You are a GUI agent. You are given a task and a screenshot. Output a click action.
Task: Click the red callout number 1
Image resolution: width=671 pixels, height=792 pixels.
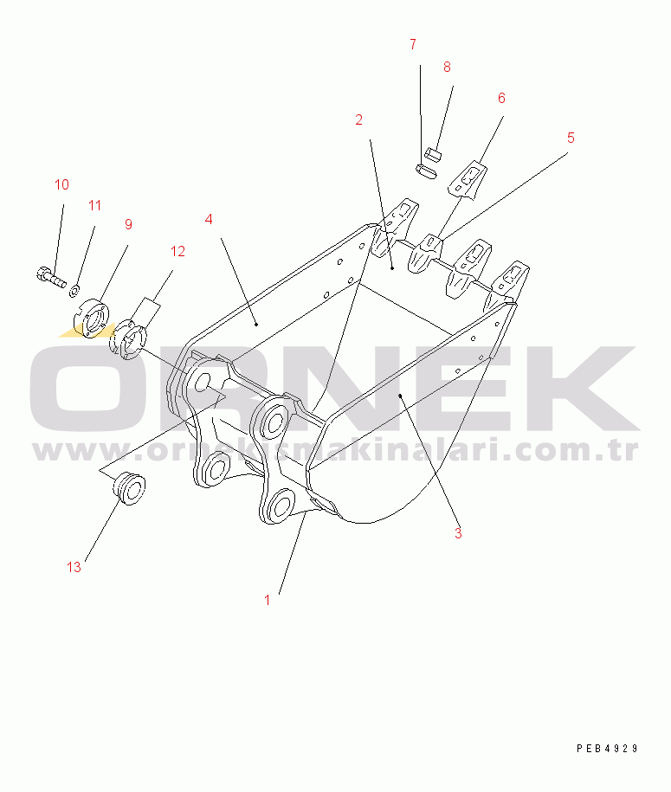point(268,600)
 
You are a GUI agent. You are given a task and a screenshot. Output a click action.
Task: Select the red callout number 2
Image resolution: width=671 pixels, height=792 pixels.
point(358,119)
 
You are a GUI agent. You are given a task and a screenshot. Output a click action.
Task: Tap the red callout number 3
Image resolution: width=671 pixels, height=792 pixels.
point(458,533)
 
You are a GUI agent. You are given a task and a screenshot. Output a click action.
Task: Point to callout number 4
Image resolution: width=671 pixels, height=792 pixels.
point(209,219)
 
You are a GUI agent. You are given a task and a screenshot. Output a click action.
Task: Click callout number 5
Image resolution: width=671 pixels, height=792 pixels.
point(571,138)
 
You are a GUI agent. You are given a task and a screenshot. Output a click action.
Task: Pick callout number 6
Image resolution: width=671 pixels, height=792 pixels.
point(501,98)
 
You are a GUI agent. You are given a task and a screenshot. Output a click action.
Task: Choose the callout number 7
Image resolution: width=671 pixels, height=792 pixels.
point(413,44)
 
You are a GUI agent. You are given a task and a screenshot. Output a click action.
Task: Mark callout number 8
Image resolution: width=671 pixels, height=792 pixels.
point(447,67)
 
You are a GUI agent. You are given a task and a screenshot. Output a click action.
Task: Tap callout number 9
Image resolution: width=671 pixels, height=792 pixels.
point(128,224)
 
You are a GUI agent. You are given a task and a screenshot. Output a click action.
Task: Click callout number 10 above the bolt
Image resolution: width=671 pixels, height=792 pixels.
point(61,184)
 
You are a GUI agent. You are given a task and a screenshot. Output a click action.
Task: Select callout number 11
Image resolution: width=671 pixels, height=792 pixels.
point(94,206)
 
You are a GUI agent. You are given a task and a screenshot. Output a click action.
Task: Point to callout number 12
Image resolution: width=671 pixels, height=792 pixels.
point(177,251)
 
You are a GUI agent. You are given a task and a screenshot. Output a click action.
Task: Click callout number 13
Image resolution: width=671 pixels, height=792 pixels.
point(74,567)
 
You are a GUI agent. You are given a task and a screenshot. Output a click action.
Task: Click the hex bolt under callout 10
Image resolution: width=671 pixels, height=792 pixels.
point(52,277)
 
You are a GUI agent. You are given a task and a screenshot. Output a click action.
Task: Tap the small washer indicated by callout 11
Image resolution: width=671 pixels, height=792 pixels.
point(74,291)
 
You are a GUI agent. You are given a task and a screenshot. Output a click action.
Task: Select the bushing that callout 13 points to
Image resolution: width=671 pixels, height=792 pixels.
point(129,487)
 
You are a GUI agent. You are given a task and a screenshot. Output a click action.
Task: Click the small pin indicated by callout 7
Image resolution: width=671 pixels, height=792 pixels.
point(427,171)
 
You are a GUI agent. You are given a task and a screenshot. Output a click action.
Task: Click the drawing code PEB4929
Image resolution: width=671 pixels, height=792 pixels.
point(607,748)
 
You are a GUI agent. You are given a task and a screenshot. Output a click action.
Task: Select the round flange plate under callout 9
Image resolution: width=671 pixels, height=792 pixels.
point(92,318)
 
